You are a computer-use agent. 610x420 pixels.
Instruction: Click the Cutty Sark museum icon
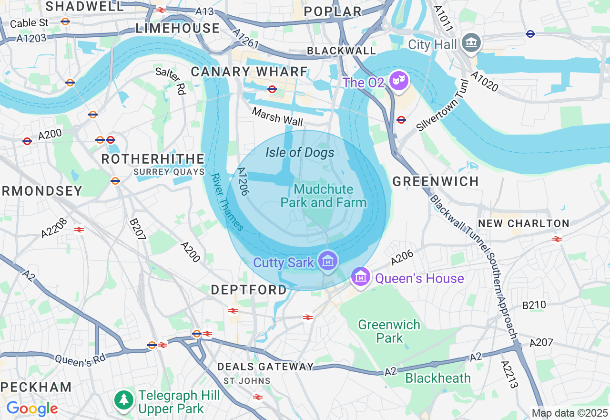click(x=328, y=261)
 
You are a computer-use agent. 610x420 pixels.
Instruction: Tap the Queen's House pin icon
click(x=361, y=277)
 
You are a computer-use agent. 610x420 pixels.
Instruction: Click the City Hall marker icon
click(x=472, y=43)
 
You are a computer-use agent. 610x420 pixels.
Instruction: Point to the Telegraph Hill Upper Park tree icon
click(x=124, y=399)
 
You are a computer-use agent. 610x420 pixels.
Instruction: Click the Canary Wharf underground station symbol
click(x=272, y=89)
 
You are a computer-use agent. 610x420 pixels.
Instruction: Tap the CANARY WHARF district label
click(x=249, y=72)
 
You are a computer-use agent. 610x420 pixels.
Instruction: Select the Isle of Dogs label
click(x=300, y=153)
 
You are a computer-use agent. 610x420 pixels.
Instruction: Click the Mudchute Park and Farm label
click(x=324, y=196)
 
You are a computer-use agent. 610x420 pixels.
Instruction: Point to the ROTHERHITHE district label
click(x=153, y=159)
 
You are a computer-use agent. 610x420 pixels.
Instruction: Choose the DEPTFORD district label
click(x=249, y=290)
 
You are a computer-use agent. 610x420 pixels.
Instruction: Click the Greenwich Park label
click(x=389, y=331)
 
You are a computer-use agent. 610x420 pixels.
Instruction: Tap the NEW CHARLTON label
click(x=524, y=223)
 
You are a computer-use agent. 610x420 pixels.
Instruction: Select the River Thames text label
click(x=227, y=202)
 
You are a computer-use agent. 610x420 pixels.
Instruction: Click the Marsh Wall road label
click(x=277, y=116)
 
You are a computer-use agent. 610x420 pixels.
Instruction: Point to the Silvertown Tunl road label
click(x=443, y=105)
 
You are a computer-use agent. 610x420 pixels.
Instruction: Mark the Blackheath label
click(x=438, y=378)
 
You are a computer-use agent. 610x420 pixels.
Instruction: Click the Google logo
click(x=32, y=409)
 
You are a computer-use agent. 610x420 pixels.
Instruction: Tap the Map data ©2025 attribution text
click(x=569, y=413)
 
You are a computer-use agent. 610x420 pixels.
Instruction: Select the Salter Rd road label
click(x=171, y=81)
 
